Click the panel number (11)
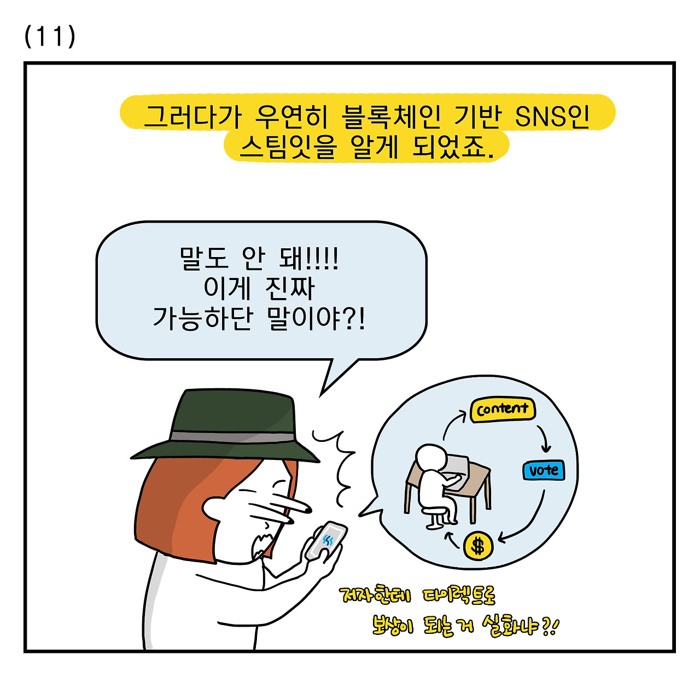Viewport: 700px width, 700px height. point(50,37)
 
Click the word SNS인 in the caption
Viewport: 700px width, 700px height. point(552,116)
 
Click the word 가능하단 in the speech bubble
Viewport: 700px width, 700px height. point(202,318)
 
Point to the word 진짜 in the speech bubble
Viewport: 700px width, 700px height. point(290,288)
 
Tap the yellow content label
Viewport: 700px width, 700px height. point(502,410)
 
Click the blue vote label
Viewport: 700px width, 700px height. point(543,470)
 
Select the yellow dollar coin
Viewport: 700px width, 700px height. point(478,546)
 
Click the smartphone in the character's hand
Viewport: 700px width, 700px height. point(326,541)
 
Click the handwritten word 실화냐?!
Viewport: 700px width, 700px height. point(520,626)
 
